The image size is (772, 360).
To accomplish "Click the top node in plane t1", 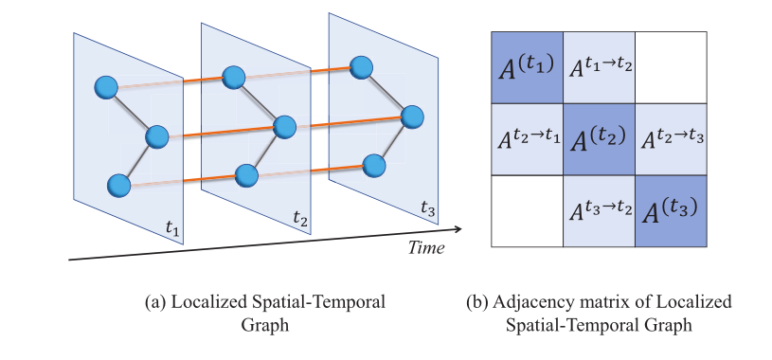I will pyautogui.click(x=106, y=87).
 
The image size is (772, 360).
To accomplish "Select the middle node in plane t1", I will pyautogui.click(x=156, y=137).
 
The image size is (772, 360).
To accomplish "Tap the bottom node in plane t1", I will pyautogui.click(x=118, y=185).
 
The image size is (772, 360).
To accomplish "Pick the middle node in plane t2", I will pyautogui.click(x=284, y=126).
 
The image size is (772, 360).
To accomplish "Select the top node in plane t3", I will pyautogui.click(x=360, y=66).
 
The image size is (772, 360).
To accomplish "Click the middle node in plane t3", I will pyautogui.click(x=410, y=117).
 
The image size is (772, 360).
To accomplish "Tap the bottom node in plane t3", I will pyautogui.click(x=373, y=164).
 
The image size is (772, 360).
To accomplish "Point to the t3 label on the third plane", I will pyautogui.click(x=428, y=207).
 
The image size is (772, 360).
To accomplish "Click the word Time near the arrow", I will pyautogui.click(x=425, y=247).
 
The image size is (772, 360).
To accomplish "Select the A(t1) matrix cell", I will pyautogui.click(x=527, y=67).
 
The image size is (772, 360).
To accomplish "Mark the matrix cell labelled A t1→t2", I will pyautogui.click(x=599, y=67).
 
